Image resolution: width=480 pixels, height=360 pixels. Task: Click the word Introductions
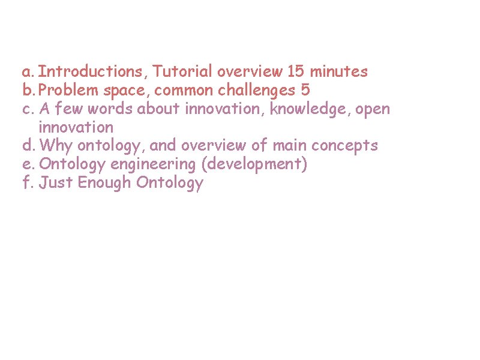pyautogui.click(x=92, y=72)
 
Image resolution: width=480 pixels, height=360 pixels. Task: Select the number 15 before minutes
pyautogui.click(x=295, y=72)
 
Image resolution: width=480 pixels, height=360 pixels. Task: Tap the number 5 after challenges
pyautogui.click(x=305, y=91)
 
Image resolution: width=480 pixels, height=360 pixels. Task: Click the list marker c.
pyautogui.click(x=28, y=109)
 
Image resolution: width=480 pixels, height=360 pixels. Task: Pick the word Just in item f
pyautogui.click(x=55, y=183)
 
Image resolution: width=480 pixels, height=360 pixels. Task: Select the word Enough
pyautogui.click(x=104, y=183)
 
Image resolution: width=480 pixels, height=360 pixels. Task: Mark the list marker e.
pyautogui.click(x=28, y=164)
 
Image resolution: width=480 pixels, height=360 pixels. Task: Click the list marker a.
pyautogui.click(x=28, y=72)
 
